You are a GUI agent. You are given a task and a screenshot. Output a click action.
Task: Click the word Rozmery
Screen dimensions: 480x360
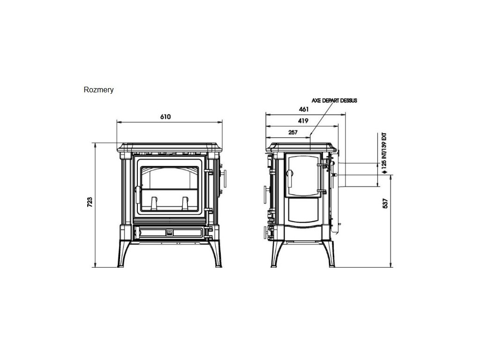pos(98,90)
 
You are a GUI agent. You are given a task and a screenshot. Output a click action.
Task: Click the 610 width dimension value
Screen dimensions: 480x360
pos(165,117)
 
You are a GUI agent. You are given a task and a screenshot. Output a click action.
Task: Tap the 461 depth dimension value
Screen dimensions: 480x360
pos(303,109)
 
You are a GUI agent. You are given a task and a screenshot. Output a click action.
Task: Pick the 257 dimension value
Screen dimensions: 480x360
pos(293,133)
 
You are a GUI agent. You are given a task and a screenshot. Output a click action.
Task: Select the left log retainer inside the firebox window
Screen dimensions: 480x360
pos(153,203)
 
